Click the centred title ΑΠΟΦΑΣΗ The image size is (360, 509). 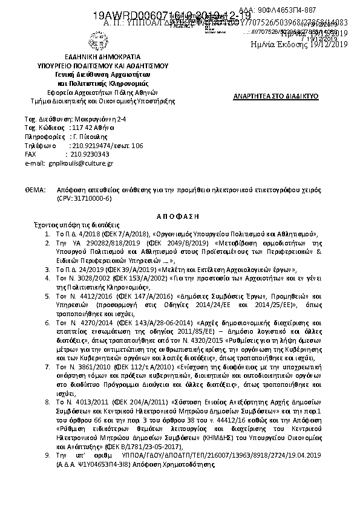pyautogui.click(x=180, y=215)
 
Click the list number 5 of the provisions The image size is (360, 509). pyautogui.click(x=48, y=297)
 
